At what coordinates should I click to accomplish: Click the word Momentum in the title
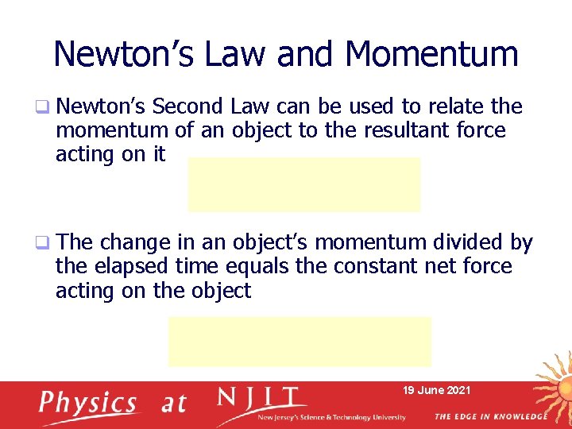click(432, 54)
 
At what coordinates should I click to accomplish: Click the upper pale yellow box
click(303, 184)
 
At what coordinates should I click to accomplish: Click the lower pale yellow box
click(299, 341)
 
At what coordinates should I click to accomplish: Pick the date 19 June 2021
click(436, 390)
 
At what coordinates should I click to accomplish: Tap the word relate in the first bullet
click(458, 106)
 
